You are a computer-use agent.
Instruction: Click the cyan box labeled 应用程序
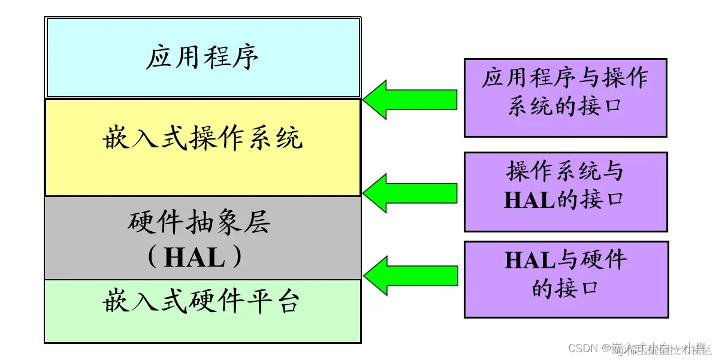[x=203, y=58]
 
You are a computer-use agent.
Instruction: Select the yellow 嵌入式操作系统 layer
[x=203, y=147]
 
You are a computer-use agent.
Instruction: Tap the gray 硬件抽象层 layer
[x=203, y=238]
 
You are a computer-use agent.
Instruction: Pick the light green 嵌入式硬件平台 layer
[x=203, y=310]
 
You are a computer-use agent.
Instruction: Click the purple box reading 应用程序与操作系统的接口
[x=565, y=97]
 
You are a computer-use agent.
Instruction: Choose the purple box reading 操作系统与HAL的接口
[x=565, y=192]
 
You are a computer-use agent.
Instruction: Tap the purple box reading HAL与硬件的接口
[x=566, y=279]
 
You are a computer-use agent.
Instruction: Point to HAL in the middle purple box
[x=530, y=200]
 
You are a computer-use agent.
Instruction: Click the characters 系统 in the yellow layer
[x=283, y=138]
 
